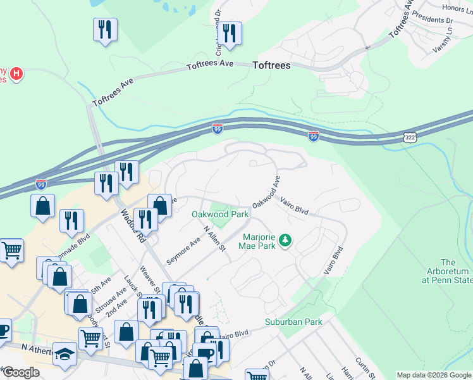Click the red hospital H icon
[x=17, y=75]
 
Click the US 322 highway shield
[x=409, y=137]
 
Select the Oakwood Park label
[x=220, y=214]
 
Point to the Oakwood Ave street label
[x=266, y=196]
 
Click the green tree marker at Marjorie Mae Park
[x=286, y=239]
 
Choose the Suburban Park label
[x=293, y=322]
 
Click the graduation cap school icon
[x=64, y=353]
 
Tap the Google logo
[x=20, y=372]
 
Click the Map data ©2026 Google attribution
[x=434, y=375]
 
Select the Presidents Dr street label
[x=432, y=18]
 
